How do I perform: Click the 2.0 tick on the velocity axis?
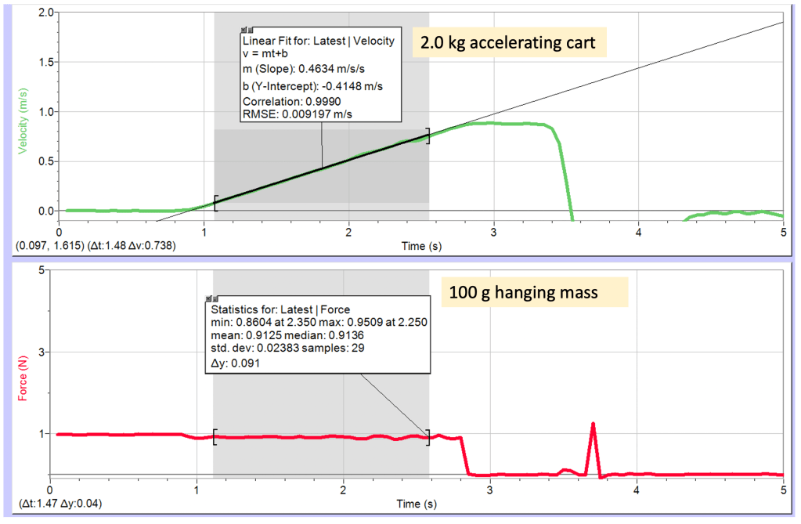[x=45, y=13]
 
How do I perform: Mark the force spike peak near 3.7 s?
[x=594, y=424]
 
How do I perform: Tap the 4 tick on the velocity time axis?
[x=639, y=233]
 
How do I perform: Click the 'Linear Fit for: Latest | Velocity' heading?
[x=318, y=41]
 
